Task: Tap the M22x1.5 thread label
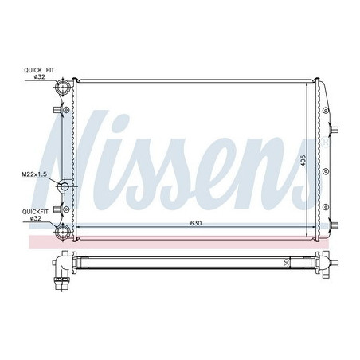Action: pyautogui.click(x=34, y=173)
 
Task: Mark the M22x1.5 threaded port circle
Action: pyautogui.click(x=65, y=188)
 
